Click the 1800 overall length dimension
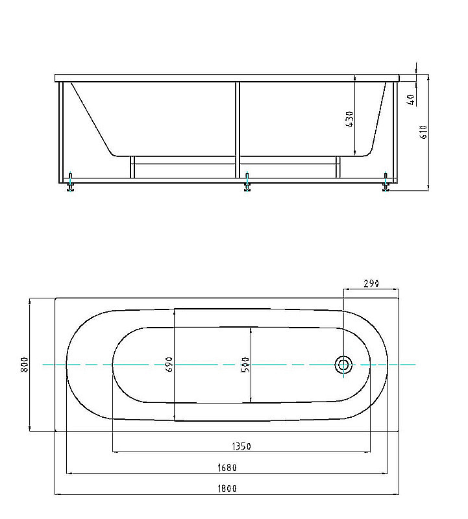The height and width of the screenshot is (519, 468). tap(227, 489)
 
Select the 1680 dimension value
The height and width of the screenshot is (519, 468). tap(227, 468)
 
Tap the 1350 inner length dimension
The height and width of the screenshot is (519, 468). tap(241, 446)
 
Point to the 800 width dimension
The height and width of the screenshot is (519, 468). tap(24, 365)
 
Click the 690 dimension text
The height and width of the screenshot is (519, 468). tap(169, 364)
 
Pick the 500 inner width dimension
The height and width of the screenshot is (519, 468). tap(245, 365)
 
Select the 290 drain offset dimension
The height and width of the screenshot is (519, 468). tap(371, 284)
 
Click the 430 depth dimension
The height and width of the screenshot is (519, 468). tap(349, 119)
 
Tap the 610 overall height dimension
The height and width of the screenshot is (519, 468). tap(424, 132)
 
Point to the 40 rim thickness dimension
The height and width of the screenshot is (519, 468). tap(411, 100)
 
